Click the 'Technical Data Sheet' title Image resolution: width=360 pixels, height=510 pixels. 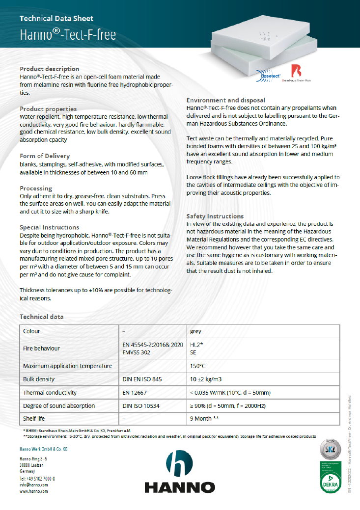[56, 19]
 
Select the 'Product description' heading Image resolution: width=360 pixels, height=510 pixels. [49, 69]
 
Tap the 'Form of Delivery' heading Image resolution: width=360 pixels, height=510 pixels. [45, 156]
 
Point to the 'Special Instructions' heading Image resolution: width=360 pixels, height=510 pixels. [49, 227]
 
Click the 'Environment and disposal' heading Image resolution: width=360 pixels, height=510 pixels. [226, 100]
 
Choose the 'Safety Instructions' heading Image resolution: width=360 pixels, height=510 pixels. [215, 216]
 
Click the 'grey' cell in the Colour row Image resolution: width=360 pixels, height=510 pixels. [195, 331]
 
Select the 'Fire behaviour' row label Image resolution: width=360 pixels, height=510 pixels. [41, 348]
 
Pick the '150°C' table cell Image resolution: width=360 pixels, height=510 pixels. [197, 366]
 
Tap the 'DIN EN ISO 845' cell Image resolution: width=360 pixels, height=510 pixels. [142, 379]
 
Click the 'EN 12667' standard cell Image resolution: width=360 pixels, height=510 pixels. [134, 393]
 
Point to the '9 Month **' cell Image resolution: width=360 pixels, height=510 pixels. [204, 419]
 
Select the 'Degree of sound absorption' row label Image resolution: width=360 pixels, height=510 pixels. [59, 406]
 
